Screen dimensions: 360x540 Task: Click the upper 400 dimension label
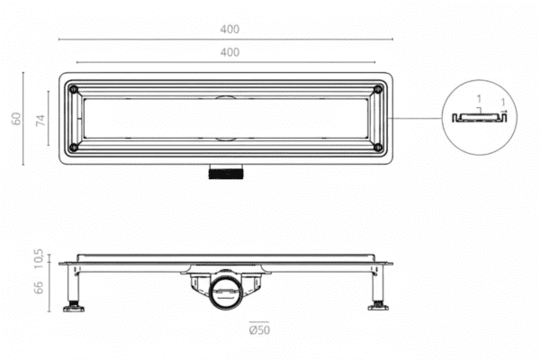[229, 29]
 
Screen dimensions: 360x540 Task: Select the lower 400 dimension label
[229, 52]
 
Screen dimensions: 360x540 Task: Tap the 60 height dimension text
[15, 120]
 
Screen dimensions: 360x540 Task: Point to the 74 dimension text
[40, 121]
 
